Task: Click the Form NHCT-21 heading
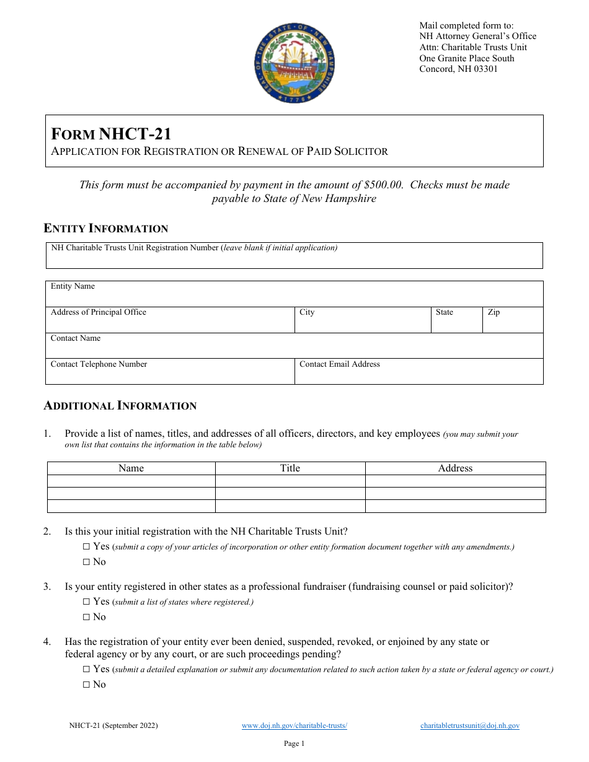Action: [x=111, y=134]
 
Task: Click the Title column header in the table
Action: [x=290, y=468]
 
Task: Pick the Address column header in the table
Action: [x=455, y=468]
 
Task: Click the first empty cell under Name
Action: [x=131, y=481]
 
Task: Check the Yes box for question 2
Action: [x=86, y=547]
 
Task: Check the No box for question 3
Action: [x=86, y=617]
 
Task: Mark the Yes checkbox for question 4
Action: [x=86, y=669]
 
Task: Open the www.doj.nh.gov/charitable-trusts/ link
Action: [x=294, y=725]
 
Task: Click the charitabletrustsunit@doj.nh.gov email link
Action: [x=469, y=725]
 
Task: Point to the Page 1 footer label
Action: [x=294, y=743]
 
